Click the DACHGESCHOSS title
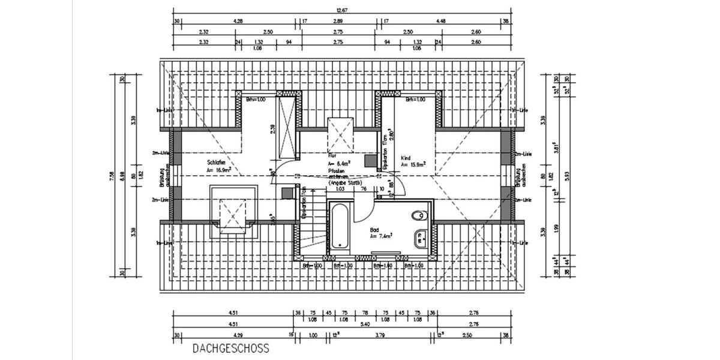(x=231, y=348)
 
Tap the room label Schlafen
(x=216, y=163)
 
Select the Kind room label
(x=406, y=157)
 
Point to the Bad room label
(x=374, y=230)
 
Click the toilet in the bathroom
(x=419, y=215)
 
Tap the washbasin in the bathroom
(x=421, y=236)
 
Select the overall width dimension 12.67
(x=343, y=9)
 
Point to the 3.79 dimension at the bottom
(x=380, y=335)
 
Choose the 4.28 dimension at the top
(x=238, y=21)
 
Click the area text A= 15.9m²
(x=413, y=164)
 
